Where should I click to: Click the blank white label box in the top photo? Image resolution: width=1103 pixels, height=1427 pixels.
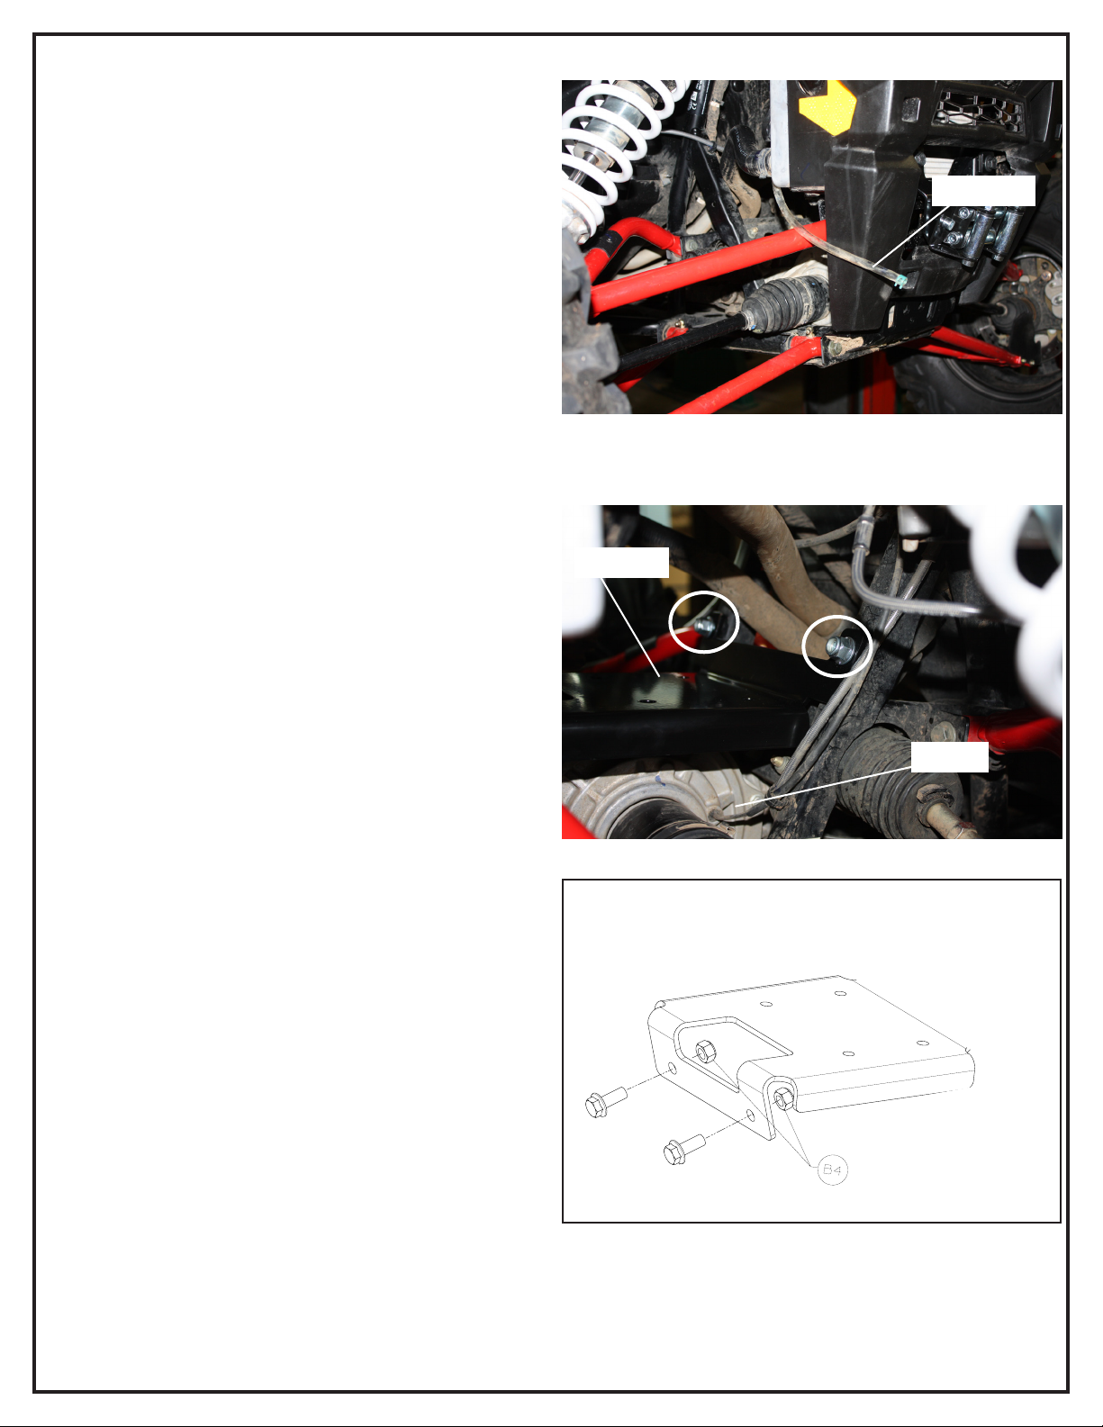point(983,191)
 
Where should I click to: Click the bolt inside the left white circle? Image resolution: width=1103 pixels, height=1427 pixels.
point(704,626)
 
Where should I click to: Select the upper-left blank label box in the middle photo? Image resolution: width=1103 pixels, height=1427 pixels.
point(621,562)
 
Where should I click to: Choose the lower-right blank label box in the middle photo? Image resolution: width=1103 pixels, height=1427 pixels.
point(949,756)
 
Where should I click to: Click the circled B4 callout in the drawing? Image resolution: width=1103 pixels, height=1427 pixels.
point(832,1169)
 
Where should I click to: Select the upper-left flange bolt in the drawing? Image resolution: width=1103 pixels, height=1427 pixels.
point(605,1102)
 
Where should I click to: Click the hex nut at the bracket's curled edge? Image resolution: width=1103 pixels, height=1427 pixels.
point(783,1098)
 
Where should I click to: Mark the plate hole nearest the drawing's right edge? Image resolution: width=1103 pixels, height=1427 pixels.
point(922,1043)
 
